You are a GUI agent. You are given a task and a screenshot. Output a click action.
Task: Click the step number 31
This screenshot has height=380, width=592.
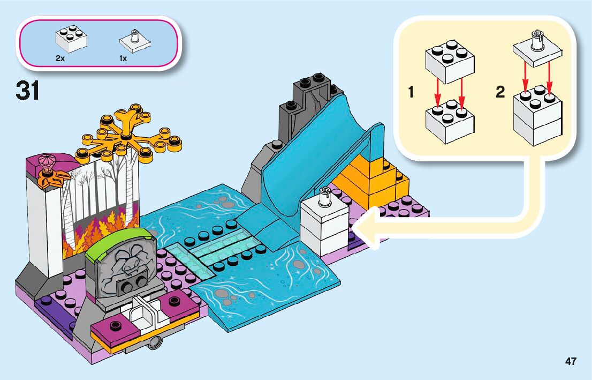tap(28, 91)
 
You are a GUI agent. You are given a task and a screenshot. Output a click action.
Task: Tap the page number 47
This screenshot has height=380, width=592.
tap(571, 361)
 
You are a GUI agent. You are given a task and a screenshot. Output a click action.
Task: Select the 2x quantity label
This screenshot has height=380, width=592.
tap(60, 58)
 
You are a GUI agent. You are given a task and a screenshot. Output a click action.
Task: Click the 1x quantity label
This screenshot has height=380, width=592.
tap(123, 58)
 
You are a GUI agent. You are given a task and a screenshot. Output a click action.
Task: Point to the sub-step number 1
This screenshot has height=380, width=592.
tap(411, 93)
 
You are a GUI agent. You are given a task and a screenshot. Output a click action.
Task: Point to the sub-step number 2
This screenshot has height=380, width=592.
tap(500, 93)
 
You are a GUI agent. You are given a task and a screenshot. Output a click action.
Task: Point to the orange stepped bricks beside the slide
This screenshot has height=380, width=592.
tap(375, 180)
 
